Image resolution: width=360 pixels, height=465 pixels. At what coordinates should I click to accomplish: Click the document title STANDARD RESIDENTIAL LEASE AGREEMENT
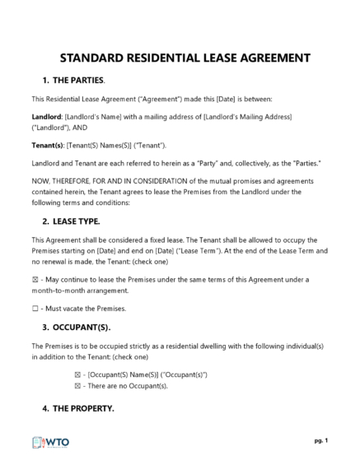tap(180, 58)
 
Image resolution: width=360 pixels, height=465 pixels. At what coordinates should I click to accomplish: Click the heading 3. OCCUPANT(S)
tap(76, 326)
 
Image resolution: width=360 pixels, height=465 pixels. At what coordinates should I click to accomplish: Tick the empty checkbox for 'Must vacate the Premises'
tap(35, 309)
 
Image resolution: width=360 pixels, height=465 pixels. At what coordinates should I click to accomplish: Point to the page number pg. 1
tap(320, 441)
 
